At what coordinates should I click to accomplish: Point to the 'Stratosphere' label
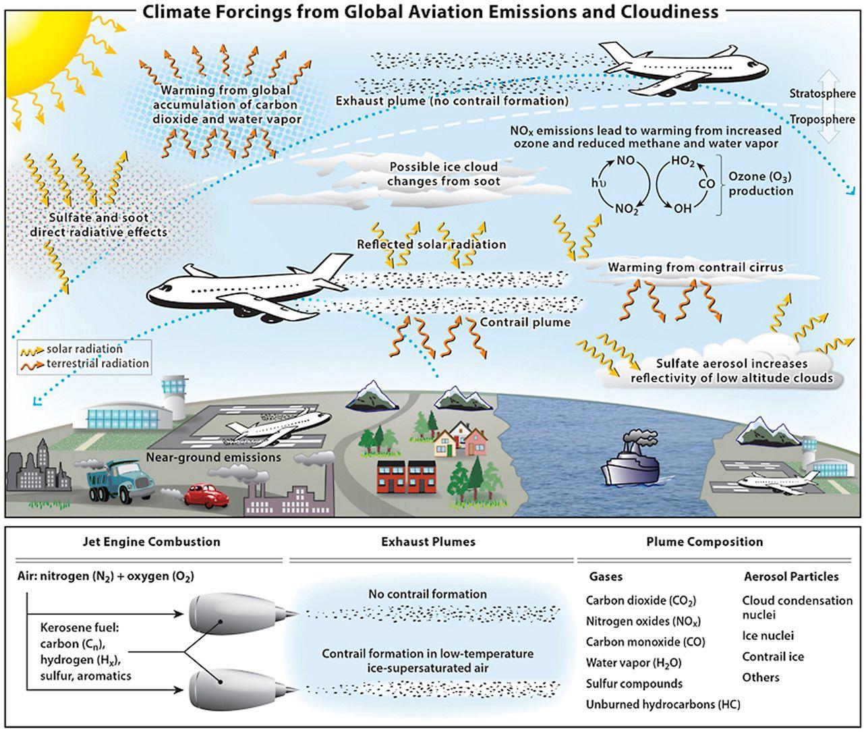pos(822,94)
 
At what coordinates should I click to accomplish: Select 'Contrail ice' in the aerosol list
pos(773,656)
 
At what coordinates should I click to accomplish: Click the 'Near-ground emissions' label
pos(213,457)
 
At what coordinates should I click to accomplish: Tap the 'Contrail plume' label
pos(525,322)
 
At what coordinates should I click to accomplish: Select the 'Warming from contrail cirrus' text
pos(695,267)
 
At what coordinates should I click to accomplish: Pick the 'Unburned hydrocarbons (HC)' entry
pos(663,704)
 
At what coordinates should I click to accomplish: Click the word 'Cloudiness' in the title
pos(648,11)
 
